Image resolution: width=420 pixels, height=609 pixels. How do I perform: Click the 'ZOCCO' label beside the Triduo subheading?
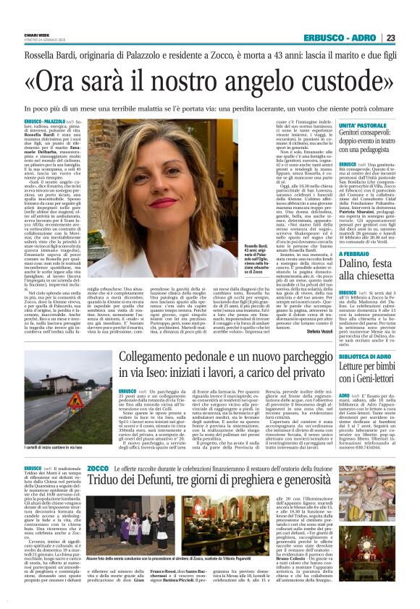coord(98,469)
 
